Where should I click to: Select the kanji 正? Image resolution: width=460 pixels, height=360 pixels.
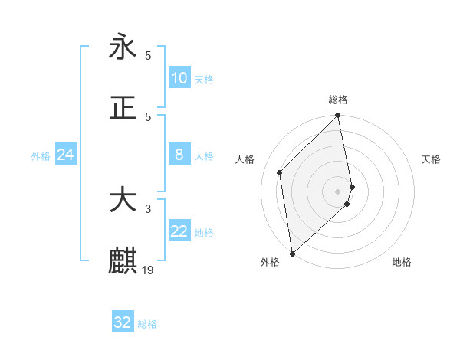(123, 108)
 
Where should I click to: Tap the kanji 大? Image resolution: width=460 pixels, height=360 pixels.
(123, 201)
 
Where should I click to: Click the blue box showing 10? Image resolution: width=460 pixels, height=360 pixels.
(179, 78)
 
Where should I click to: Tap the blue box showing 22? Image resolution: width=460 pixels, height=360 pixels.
(179, 232)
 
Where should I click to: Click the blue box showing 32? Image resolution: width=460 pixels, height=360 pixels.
(123, 322)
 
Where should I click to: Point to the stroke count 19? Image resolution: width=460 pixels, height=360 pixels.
(148, 270)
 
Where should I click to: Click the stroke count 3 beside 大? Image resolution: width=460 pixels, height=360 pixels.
(148, 208)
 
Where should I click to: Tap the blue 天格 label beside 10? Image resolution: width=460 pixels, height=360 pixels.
(203, 80)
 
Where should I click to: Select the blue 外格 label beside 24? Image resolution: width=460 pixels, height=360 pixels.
(41, 156)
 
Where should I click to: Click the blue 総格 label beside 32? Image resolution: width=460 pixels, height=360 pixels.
(147, 324)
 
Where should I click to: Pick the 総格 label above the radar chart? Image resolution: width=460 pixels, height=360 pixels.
(338, 100)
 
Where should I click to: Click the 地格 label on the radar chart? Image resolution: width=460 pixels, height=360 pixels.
(402, 263)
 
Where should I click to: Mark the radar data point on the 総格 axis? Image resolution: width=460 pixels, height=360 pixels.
(338, 116)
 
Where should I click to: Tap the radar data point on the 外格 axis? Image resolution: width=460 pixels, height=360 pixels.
(292, 253)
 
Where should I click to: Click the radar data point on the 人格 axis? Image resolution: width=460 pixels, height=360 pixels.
(280, 172)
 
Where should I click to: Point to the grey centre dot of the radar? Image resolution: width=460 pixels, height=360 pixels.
(338, 191)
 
